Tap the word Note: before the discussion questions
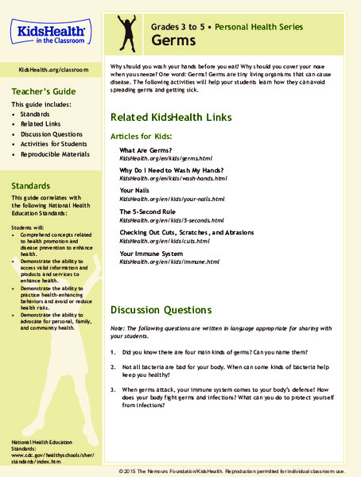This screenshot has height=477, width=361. point(118,330)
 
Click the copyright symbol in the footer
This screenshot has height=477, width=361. point(122,471)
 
